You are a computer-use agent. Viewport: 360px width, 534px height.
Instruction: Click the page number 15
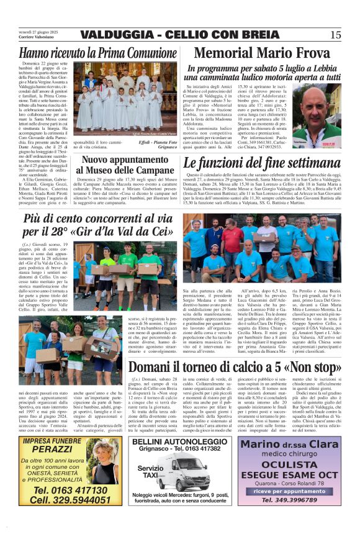pyautogui.click(x=336, y=34)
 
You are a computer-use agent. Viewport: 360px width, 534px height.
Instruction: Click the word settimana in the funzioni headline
pyautogui.click(x=305, y=164)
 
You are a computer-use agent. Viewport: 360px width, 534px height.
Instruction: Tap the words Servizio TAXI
pyautogui.click(x=150, y=471)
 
